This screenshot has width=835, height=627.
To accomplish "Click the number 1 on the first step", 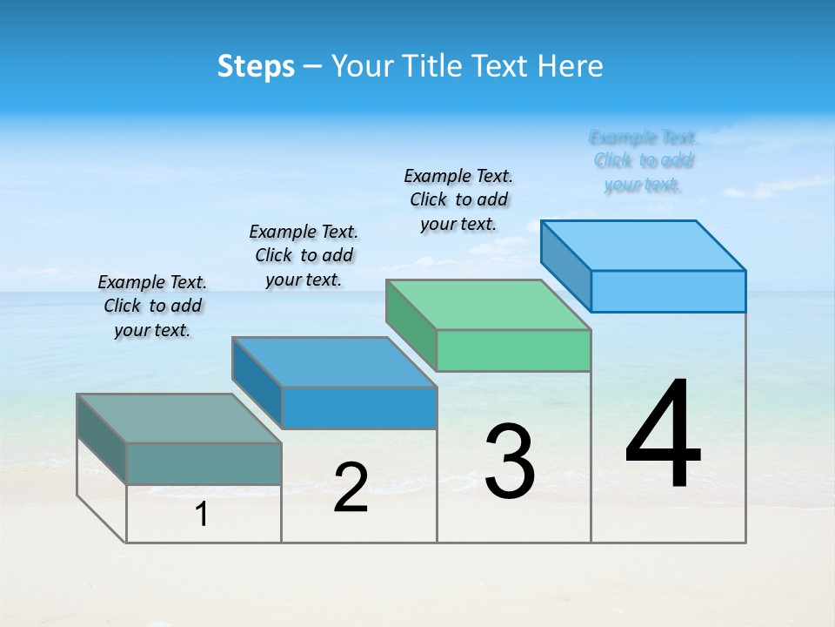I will (202, 515).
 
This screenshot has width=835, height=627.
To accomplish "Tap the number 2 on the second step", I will (351, 488).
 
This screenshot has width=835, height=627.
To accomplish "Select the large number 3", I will (510, 462).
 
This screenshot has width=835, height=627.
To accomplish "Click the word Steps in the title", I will (256, 66).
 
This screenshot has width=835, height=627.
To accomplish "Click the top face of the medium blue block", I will (334, 361).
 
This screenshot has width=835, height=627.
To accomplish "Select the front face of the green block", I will (513, 350).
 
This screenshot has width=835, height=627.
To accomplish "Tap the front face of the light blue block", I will (668, 291).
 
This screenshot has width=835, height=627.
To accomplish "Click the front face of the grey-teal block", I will (204, 463).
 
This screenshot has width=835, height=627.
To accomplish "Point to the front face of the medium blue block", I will (358, 408).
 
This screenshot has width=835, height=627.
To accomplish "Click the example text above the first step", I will (152, 306).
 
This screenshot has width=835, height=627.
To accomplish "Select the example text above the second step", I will (304, 255).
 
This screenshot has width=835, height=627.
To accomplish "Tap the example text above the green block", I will (458, 199).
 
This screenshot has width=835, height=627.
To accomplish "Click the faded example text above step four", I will (644, 160).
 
